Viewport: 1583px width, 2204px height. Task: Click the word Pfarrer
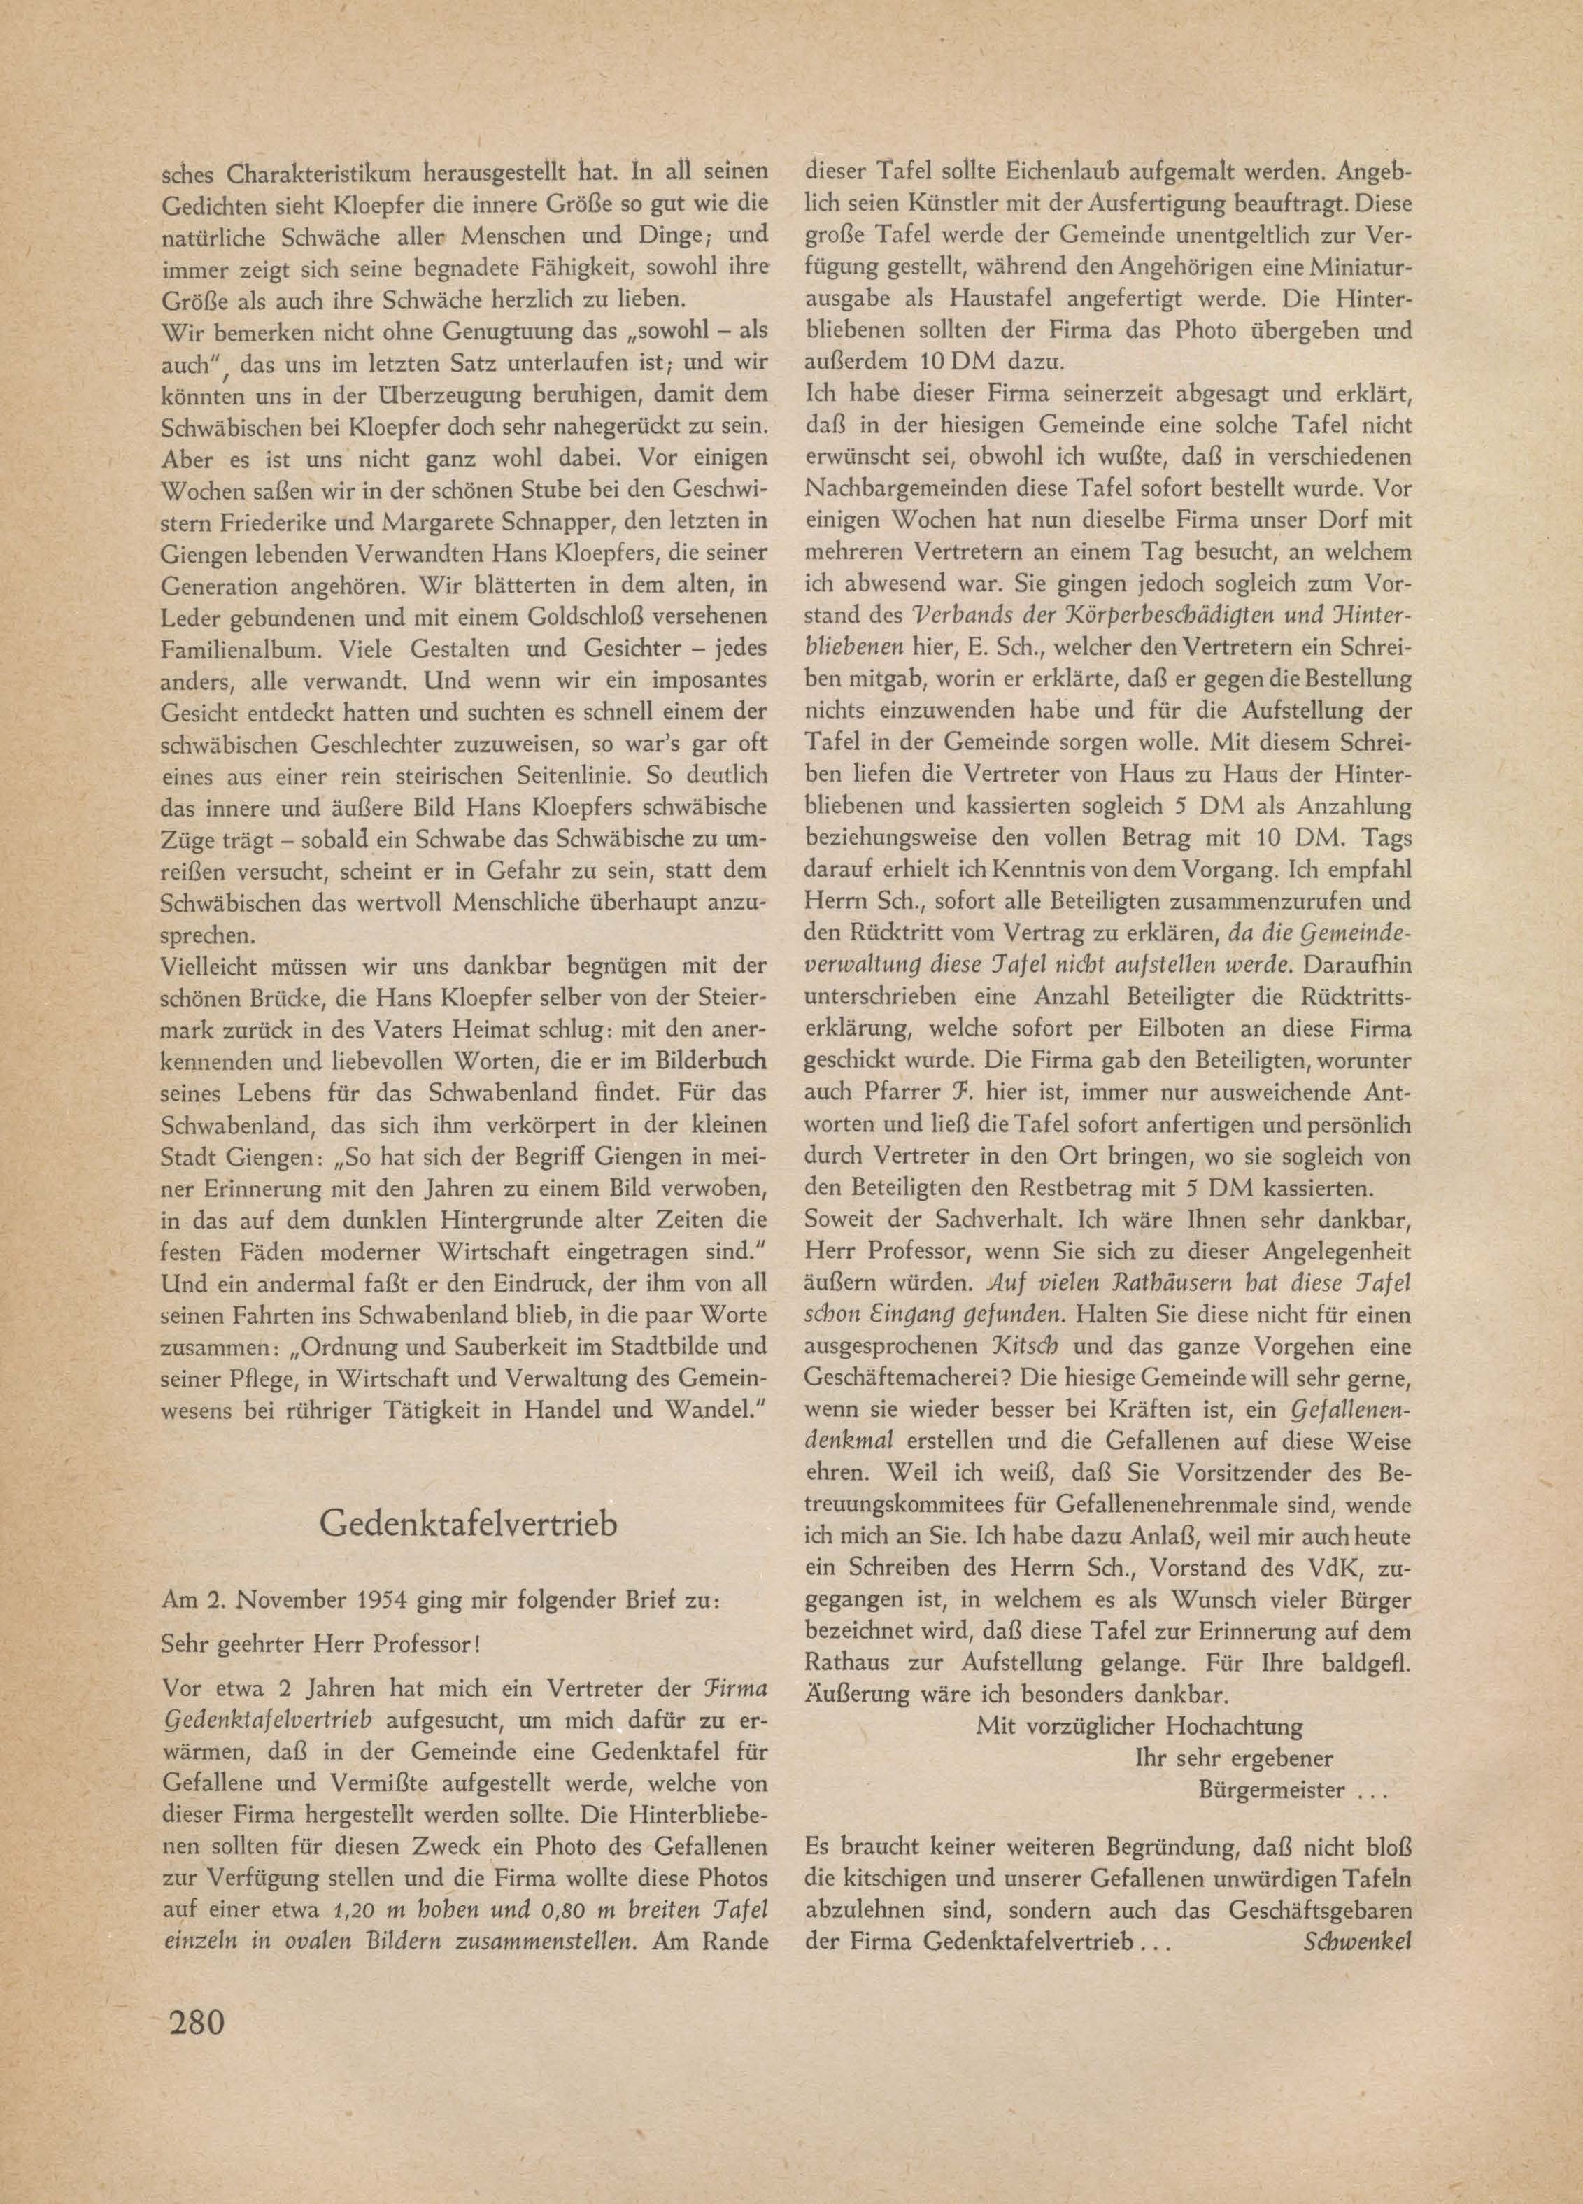point(894,1094)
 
